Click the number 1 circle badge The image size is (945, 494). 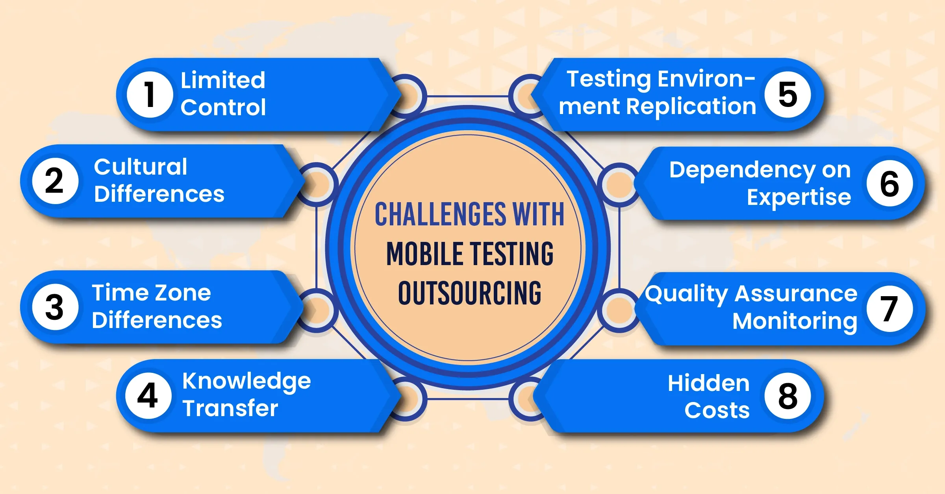150,94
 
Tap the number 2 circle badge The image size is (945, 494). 56,181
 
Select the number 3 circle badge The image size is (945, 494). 56,307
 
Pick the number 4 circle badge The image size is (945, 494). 148,396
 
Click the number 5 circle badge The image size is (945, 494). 787,94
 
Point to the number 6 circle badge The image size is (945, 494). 890,183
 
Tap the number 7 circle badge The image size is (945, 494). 890,309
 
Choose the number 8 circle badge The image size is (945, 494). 787,396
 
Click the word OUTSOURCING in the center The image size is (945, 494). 470,293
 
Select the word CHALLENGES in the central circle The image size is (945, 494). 441,214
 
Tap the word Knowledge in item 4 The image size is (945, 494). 246,382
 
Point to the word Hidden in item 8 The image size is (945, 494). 709,383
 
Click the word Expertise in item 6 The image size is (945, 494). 799,197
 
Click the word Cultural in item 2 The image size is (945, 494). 141,167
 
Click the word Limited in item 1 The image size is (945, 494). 223,80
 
